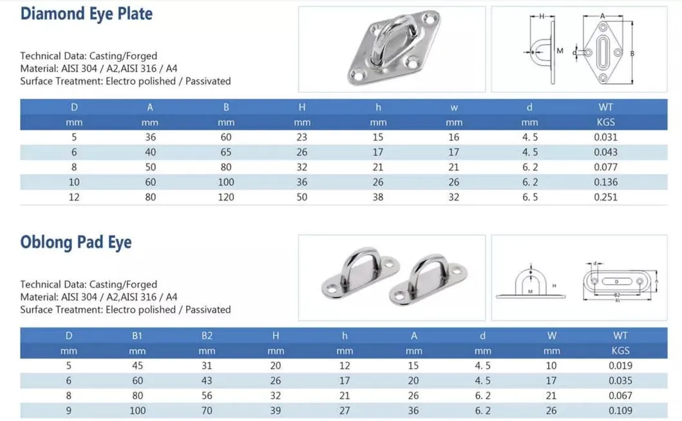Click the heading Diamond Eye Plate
[86, 14]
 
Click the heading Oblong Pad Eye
[76, 242]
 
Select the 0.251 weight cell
[605, 197]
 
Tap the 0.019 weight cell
[621, 366]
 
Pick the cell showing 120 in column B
[226, 197]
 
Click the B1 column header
[137, 335]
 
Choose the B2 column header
[207, 335]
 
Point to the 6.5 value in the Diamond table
[529, 197]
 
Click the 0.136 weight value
[605, 182]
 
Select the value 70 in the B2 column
[207, 411]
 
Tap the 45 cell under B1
[137, 366]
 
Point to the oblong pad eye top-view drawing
[620, 282]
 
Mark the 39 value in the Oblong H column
[276, 411]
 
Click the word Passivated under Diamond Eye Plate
[207, 81]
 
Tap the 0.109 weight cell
[621, 411]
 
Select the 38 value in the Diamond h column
[378, 197]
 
